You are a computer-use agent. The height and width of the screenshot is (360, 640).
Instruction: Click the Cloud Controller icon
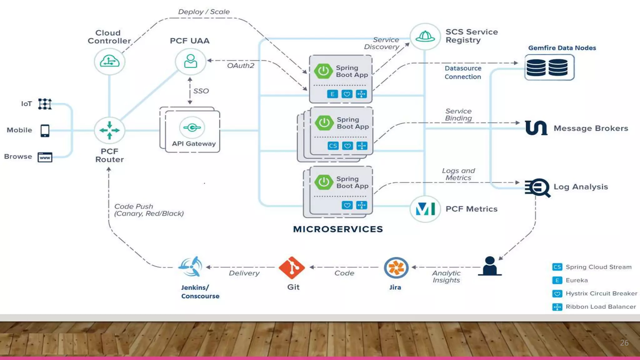pyautogui.click(x=109, y=61)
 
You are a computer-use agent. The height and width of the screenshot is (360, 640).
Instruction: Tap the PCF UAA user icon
pyautogui.click(x=190, y=61)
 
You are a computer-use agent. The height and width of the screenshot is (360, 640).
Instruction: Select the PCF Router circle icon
pyautogui.click(x=109, y=130)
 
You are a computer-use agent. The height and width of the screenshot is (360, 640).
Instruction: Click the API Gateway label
pyautogui.click(x=194, y=144)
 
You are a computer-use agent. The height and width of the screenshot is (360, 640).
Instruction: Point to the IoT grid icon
pyautogui.click(x=45, y=104)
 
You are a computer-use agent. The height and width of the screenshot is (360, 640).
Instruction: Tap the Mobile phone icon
pyautogui.click(x=45, y=131)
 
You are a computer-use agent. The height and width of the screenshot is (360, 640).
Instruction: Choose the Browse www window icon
pyautogui.click(x=45, y=157)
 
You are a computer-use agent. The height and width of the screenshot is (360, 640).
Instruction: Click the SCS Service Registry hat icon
pyautogui.click(x=425, y=37)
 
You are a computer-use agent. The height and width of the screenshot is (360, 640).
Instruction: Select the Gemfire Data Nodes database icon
pyautogui.click(x=549, y=67)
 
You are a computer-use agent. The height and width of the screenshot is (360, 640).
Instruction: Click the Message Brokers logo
pyautogui.click(x=536, y=128)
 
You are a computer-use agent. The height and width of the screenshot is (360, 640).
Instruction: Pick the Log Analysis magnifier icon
pyautogui.click(x=538, y=187)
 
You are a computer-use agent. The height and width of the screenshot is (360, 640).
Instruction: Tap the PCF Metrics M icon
pyautogui.click(x=425, y=209)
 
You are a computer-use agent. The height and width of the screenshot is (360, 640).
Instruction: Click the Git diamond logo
pyautogui.click(x=292, y=267)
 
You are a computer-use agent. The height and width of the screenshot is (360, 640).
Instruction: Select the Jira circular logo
pyautogui.click(x=396, y=268)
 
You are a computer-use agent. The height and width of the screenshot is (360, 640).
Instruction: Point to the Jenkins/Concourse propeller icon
pyautogui.click(x=190, y=267)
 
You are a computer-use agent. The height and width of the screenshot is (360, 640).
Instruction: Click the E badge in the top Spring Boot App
pyautogui.click(x=332, y=94)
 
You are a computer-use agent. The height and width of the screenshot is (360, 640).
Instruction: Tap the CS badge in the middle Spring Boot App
pyautogui.click(x=333, y=146)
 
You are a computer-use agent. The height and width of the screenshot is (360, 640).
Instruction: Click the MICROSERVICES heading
pyautogui.click(x=338, y=229)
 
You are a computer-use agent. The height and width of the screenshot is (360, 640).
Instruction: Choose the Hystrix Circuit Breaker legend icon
pyautogui.click(x=557, y=294)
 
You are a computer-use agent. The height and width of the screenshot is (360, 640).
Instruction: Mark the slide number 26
pyautogui.click(x=624, y=343)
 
